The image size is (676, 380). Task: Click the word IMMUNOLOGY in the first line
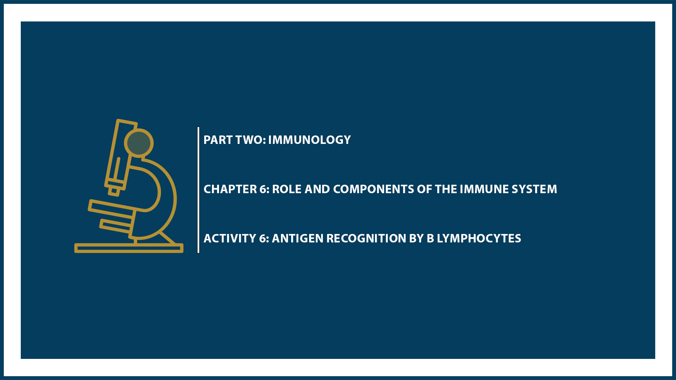point(309,140)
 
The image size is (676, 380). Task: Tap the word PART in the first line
point(218,140)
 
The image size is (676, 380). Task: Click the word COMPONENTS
point(373,189)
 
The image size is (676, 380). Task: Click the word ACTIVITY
point(230,239)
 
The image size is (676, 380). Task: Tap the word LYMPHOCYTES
point(479,239)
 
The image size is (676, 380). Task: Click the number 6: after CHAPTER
point(264,189)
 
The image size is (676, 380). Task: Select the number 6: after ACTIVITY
point(264,239)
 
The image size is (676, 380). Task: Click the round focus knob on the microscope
point(139,143)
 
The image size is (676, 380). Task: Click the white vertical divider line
point(199,190)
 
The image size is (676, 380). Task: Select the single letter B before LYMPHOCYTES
point(430,239)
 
